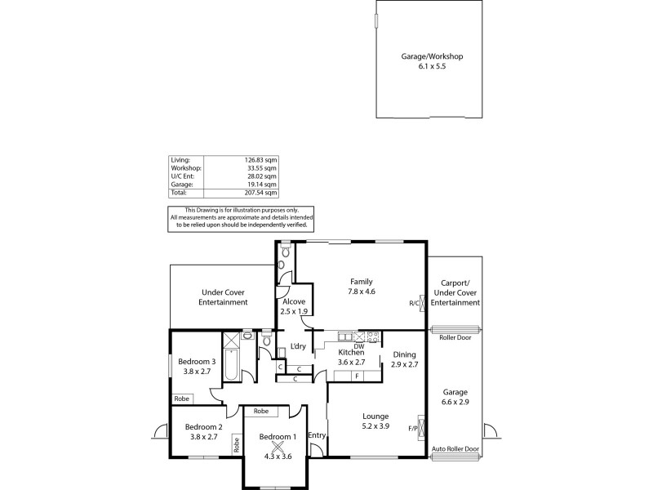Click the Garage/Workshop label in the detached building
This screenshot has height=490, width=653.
(432, 56)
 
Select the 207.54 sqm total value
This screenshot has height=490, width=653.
(260, 193)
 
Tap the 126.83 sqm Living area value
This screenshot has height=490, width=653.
(260, 160)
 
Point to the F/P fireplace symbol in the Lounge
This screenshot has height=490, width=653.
(421, 427)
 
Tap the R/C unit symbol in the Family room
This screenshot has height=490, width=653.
(421, 302)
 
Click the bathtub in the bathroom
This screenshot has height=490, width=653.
(230, 364)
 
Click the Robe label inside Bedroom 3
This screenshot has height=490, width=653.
(180, 399)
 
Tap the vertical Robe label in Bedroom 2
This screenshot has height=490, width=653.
(237, 445)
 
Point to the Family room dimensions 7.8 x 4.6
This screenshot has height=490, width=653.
(362, 292)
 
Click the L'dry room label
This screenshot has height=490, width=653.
(298, 346)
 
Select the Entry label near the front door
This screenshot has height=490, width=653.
(317, 434)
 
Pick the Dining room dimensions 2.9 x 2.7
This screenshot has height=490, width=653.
(404, 365)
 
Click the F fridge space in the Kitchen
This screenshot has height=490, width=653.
(358, 375)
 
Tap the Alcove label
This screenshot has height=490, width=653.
(294, 301)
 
